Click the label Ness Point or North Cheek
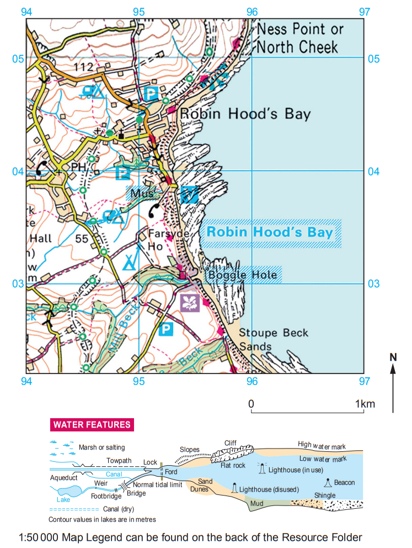click(x=301, y=38)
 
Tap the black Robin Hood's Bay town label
click(x=245, y=114)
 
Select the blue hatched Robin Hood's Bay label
click(x=270, y=231)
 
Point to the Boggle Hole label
click(x=243, y=273)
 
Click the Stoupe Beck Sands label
click(x=274, y=340)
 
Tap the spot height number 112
click(x=83, y=67)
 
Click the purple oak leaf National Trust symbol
click(x=190, y=302)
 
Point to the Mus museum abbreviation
click(x=141, y=194)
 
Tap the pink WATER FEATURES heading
click(x=92, y=425)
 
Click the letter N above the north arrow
click(x=393, y=357)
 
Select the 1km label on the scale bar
click(x=365, y=404)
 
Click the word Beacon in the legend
click(x=344, y=482)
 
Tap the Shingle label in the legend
click(x=325, y=495)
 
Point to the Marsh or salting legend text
click(x=101, y=447)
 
